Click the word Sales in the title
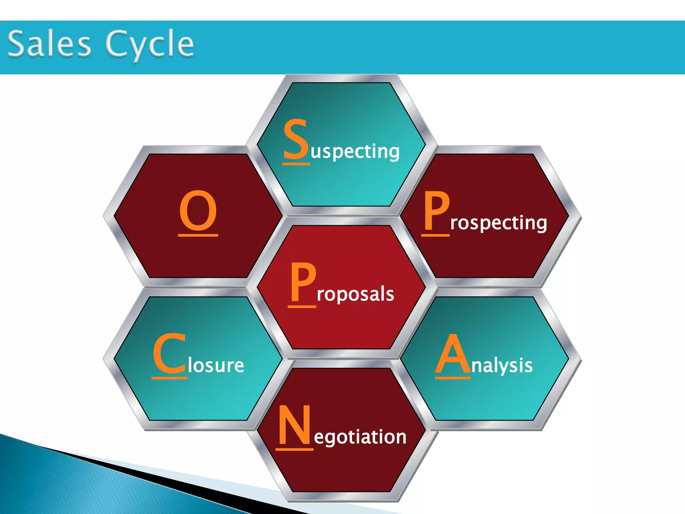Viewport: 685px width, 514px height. tap(49, 44)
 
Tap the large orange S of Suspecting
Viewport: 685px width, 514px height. tap(295, 140)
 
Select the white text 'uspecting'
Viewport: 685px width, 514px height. tap(355, 152)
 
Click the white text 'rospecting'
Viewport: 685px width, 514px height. tap(498, 223)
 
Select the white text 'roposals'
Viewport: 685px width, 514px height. tap(355, 294)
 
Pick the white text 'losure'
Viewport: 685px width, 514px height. tap(216, 365)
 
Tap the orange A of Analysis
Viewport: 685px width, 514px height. tap(453, 354)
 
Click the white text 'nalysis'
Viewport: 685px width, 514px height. tap(502, 365)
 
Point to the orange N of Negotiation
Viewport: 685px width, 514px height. tap(294, 425)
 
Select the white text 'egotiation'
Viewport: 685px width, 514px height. tap(360, 437)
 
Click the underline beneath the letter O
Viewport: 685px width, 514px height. tap(198, 235)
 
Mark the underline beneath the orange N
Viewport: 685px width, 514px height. tap(294, 449)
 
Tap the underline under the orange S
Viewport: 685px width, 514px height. tap(296, 164)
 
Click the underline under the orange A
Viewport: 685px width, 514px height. tap(453, 378)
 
